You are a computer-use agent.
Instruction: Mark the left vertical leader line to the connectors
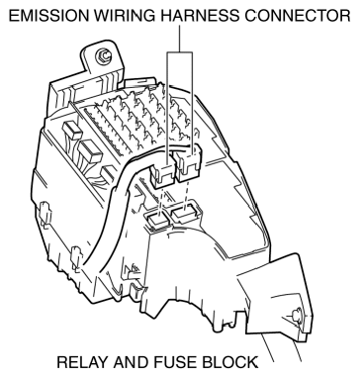pyautogui.click(x=164, y=109)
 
